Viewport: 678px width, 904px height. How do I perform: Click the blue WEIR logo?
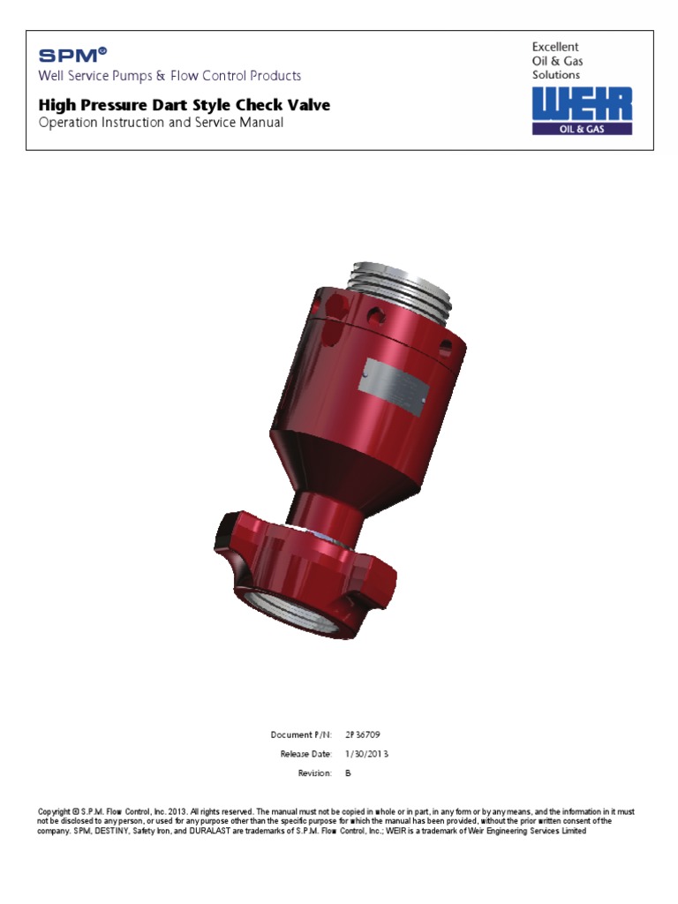pos(582,104)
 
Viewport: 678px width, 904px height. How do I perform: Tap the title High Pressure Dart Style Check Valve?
pos(185,105)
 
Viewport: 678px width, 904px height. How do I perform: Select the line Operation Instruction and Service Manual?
pos(161,123)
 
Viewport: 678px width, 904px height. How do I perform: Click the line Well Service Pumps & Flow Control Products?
pos(169,76)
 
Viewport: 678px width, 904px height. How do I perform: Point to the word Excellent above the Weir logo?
pos(554,46)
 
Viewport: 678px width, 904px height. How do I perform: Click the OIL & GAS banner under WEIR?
pos(582,128)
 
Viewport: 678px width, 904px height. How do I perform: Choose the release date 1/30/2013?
pos(366,754)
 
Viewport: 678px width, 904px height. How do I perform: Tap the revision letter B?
pos(348,773)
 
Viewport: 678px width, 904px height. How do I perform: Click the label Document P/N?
pos(301,734)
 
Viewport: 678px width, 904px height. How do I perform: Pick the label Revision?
pos(314,773)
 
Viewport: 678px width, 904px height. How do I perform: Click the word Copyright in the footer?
pos(55,811)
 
